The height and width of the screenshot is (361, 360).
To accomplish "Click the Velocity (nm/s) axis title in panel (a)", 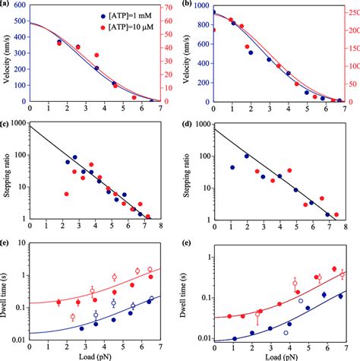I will pos(6,53).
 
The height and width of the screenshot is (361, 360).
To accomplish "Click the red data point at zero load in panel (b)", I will pos(213,30).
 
